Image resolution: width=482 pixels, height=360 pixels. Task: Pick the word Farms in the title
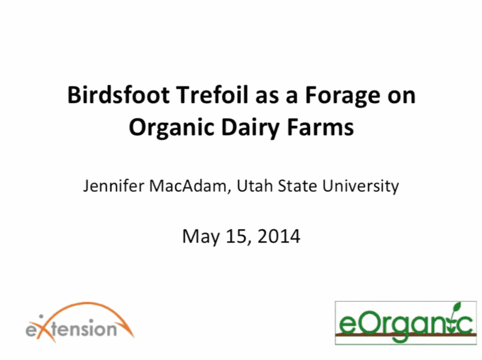coord(320,127)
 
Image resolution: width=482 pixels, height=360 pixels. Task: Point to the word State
coord(297,186)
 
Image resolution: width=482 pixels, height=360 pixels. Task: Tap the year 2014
coord(279,236)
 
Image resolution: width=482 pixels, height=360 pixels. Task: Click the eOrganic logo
coord(406,323)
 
